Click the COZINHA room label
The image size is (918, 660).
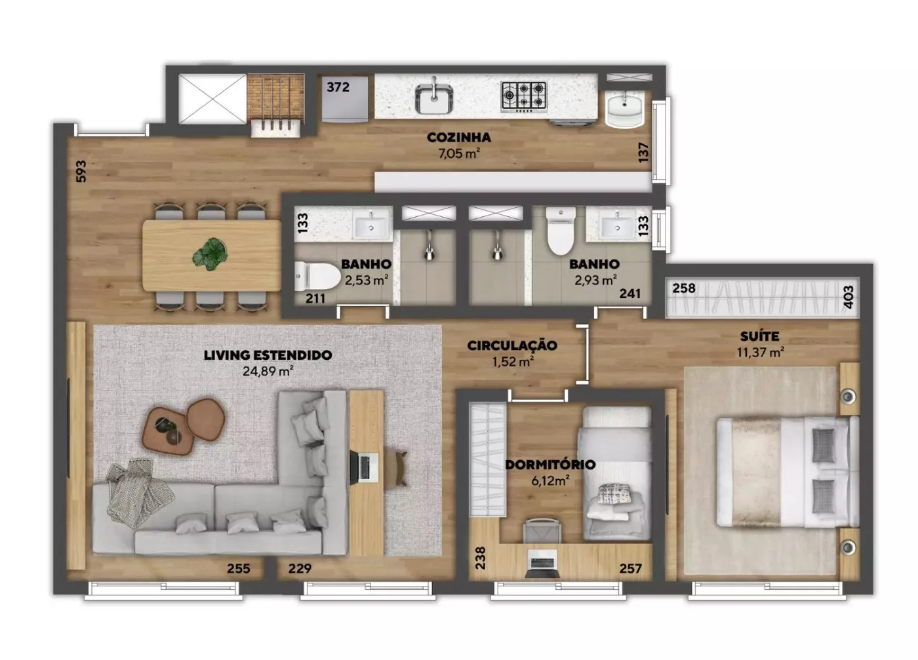[458, 137]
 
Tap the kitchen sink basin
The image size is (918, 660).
[434, 99]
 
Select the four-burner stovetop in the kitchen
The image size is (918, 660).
[524, 97]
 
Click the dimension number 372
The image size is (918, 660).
[338, 87]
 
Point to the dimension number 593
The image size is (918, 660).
[81, 171]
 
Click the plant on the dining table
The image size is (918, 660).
[210, 254]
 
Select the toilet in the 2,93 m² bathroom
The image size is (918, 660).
[561, 231]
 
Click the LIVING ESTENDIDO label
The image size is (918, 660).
[268, 355]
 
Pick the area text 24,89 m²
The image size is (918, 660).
[268, 371]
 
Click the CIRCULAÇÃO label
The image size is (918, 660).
[512, 345]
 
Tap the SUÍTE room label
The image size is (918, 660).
[760, 336]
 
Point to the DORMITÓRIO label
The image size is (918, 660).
[550, 465]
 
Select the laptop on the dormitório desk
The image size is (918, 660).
[542, 564]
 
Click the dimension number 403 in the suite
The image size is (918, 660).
[848, 297]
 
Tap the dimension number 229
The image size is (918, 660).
[300, 568]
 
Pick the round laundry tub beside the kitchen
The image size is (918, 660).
[624, 109]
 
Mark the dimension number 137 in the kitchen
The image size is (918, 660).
[644, 152]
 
